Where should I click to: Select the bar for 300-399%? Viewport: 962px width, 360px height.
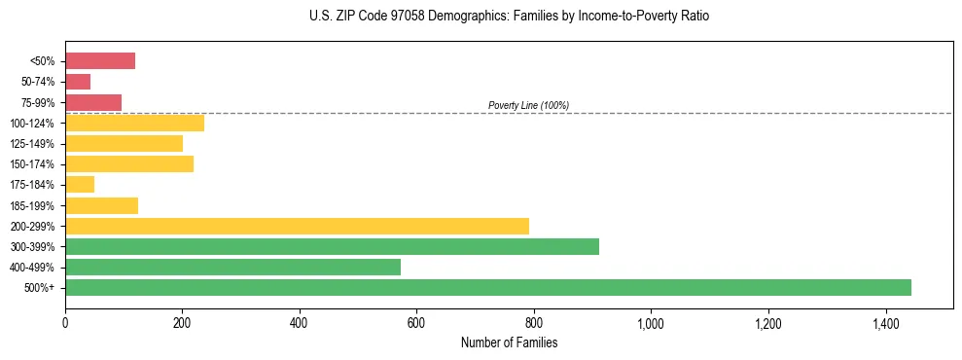(332, 246)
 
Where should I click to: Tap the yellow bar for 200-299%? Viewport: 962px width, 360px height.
(297, 226)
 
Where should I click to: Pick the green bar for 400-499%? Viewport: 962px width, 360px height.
(232, 267)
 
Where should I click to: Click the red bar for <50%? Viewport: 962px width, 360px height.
(100, 61)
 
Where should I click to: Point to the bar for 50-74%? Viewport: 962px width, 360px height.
(78, 82)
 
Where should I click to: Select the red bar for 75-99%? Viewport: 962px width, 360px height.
(93, 102)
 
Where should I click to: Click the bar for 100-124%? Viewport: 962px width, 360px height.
(134, 123)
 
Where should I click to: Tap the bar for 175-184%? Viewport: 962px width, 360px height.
(80, 185)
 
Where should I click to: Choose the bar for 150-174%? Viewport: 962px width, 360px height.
(129, 163)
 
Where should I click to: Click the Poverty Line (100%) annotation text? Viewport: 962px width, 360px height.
(528, 105)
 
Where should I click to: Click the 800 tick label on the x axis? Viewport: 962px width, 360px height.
(533, 322)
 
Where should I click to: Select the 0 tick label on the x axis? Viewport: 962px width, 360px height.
(65, 322)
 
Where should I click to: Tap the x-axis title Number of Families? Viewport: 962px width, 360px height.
(509, 342)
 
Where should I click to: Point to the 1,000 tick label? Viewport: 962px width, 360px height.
(651, 322)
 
